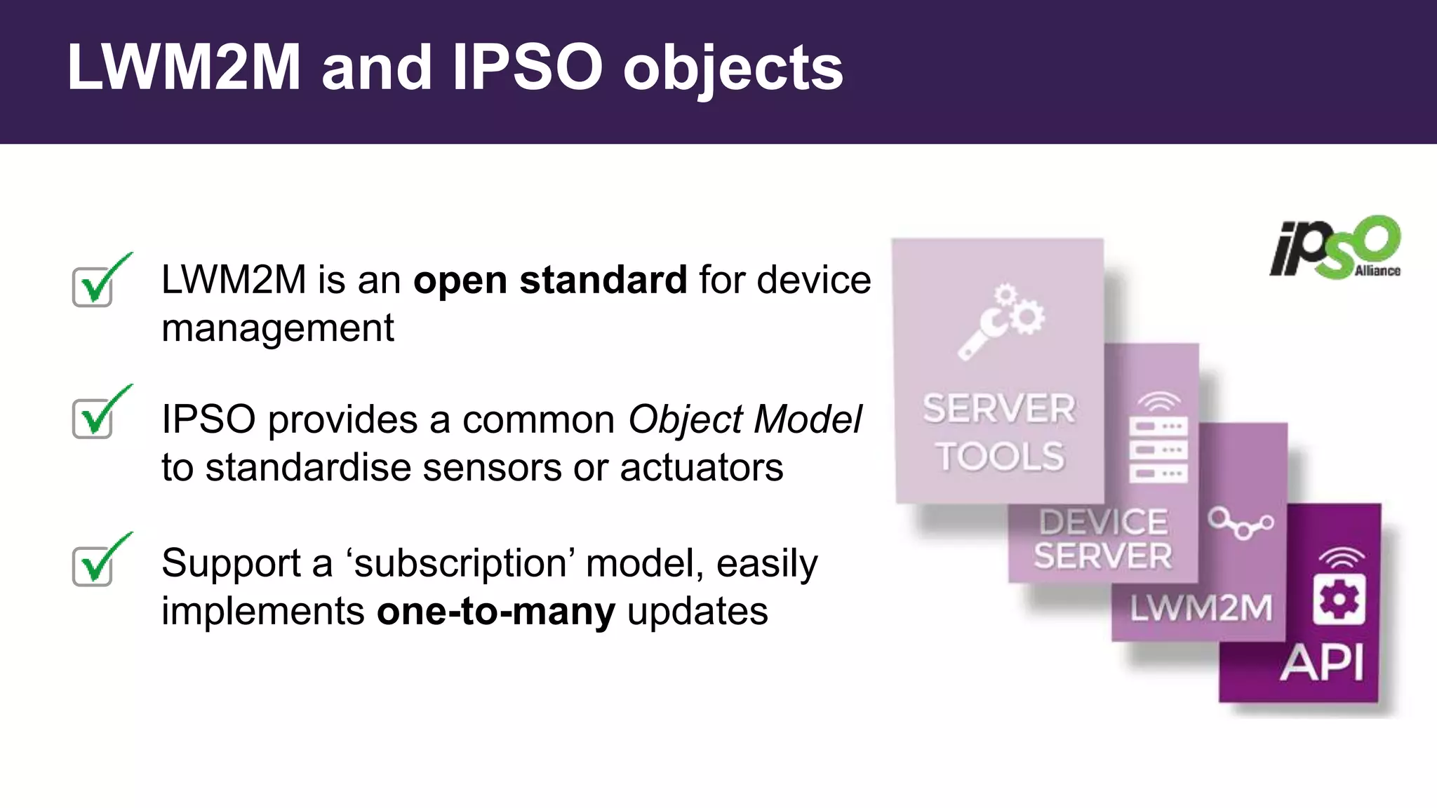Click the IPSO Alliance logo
tap(1335, 248)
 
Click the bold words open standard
tap(550, 280)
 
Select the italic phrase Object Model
tap(744, 419)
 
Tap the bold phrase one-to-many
tap(496, 611)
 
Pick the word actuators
tap(701, 467)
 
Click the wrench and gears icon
tap(1001, 321)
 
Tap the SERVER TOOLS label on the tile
tap(999, 432)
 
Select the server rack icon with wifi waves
tap(1158, 439)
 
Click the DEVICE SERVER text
tap(1103, 539)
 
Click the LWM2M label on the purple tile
tap(1201, 607)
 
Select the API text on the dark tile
tap(1322, 662)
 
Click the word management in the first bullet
tap(278, 328)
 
